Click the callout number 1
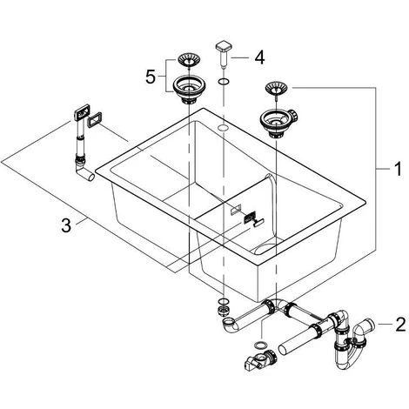click(x=399, y=169)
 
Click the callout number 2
click(x=400, y=325)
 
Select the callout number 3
click(x=66, y=225)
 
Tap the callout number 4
click(x=259, y=57)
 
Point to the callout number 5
click(x=151, y=77)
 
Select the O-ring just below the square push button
click(x=224, y=82)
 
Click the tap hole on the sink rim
click(x=223, y=127)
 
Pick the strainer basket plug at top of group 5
click(x=189, y=60)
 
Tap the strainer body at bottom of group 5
click(x=189, y=89)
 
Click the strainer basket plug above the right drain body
click(x=276, y=88)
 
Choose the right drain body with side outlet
click(x=278, y=123)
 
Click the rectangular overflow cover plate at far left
click(x=82, y=112)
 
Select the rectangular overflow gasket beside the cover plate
click(x=95, y=120)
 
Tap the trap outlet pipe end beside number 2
click(x=369, y=323)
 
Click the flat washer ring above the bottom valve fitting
click(x=260, y=345)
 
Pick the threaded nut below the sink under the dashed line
click(x=223, y=311)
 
